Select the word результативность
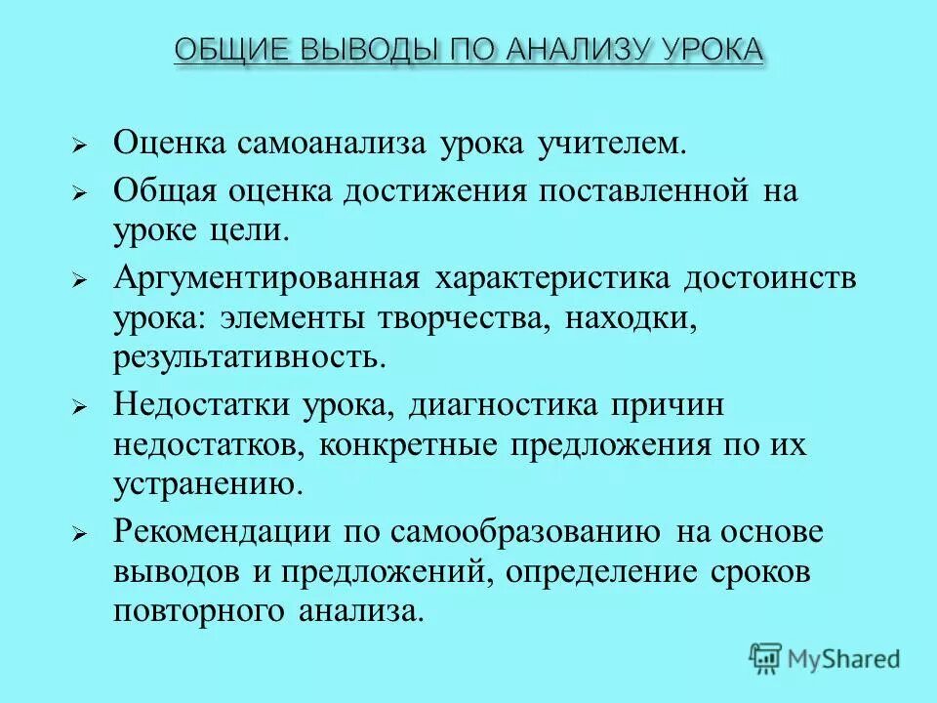click(x=250, y=357)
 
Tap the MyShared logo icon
click(x=765, y=658)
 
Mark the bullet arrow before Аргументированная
click(x=81, y=280)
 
